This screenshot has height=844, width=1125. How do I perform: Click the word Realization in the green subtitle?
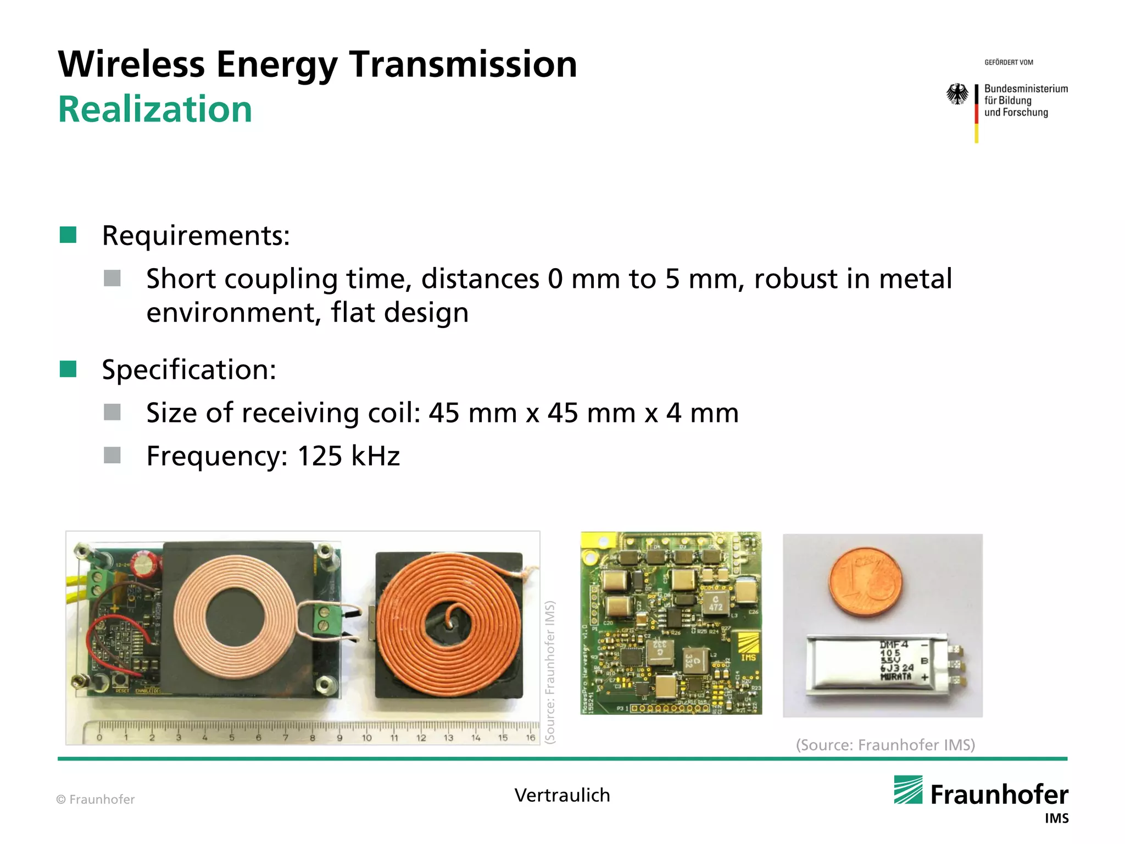[x=155, y=109]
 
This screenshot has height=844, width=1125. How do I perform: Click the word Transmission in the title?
[x=463, y=64]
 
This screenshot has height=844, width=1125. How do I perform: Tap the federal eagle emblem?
[x=957, y=94]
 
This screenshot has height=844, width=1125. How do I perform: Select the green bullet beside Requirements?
[x=68, y=235]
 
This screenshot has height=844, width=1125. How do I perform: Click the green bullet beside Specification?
[x=68, y=369]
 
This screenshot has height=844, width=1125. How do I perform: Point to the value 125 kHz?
[x=348, y=456]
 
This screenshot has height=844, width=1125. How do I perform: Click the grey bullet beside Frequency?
[x=112, y=456]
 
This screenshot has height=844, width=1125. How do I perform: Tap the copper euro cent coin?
[x=865, y=584]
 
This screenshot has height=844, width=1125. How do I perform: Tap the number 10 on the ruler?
[x=367, y=738]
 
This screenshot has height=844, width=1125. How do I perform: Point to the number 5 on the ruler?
[x=232, y=738]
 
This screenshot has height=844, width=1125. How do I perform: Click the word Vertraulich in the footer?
[x=562, y=795]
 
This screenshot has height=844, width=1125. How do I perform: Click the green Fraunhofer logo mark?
[x=908, y=790]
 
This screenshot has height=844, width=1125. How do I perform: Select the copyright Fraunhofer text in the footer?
[x=96, y=799]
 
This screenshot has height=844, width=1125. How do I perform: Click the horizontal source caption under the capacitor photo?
[x=885, y=745]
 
